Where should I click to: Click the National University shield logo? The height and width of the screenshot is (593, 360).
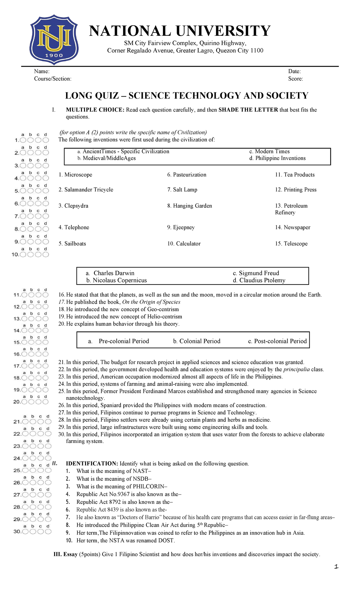pos(54,39)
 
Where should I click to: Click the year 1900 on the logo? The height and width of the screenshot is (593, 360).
pos(54,55)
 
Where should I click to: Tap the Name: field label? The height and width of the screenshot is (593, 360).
pos(42,71)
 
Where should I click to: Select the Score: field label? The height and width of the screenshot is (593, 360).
pos(295,79)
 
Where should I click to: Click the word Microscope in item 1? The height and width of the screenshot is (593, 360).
pos(78,175)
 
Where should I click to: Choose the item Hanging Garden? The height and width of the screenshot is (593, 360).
pos(192,206)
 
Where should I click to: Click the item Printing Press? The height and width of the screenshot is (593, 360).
pos(300,190)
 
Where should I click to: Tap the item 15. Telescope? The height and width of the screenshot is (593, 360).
pos(291,244)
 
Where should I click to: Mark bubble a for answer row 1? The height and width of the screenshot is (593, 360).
pos(23,140)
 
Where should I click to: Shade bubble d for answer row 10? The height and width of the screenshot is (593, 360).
pos(46,254)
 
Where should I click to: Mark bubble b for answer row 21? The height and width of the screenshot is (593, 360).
pos(33,422)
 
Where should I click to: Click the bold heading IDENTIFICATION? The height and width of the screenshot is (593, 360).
pos(92,464)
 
